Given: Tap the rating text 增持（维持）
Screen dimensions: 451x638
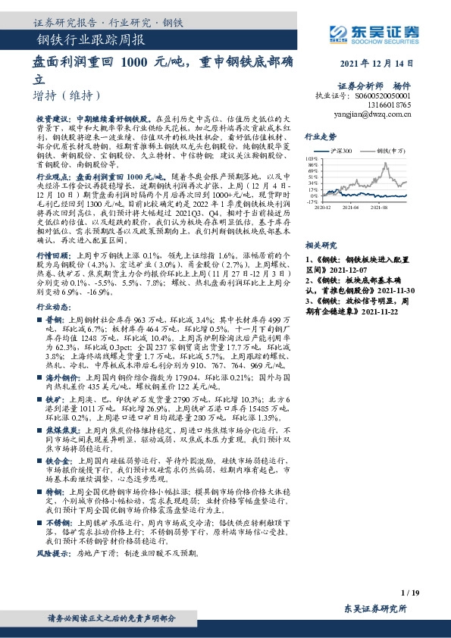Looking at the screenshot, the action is coord(67,95).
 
